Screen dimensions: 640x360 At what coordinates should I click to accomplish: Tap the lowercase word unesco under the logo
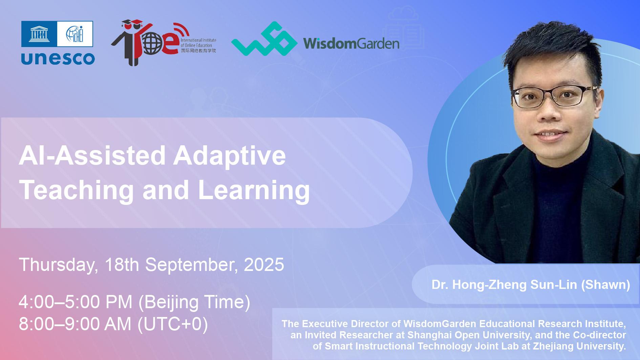[58, 58]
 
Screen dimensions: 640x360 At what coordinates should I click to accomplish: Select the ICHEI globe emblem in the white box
[75, 34]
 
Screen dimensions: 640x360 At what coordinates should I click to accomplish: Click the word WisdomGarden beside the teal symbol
[351, 43]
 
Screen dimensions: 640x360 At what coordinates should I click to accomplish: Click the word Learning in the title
[254, 190]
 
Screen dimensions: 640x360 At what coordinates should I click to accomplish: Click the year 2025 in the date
[264, 264]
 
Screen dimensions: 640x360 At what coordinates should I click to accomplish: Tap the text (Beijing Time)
[194, 302]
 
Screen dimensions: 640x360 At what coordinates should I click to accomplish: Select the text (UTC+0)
[172, 324]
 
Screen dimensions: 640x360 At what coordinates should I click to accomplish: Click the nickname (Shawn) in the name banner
[605, 284]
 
